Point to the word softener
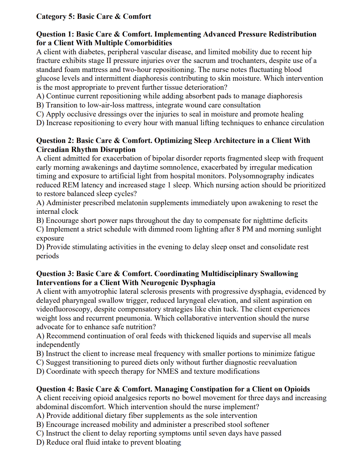[253, 425]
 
